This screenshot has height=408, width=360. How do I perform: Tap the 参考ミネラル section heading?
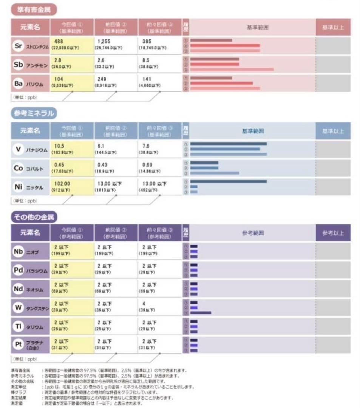34,113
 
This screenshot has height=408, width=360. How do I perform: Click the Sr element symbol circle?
18,46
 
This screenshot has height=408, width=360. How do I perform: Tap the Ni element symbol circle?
18,187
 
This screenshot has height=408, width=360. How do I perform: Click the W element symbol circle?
18,307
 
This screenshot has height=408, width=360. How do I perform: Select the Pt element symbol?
18,344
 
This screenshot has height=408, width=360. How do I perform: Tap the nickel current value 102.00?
62,184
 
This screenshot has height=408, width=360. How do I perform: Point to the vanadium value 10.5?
60,146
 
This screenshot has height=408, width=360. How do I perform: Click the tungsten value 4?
144,303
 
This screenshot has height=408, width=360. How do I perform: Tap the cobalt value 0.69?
147,165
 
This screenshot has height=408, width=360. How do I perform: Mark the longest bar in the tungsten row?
201,313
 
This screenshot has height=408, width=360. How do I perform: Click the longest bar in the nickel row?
229,181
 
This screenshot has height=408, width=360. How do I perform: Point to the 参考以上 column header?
333,233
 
